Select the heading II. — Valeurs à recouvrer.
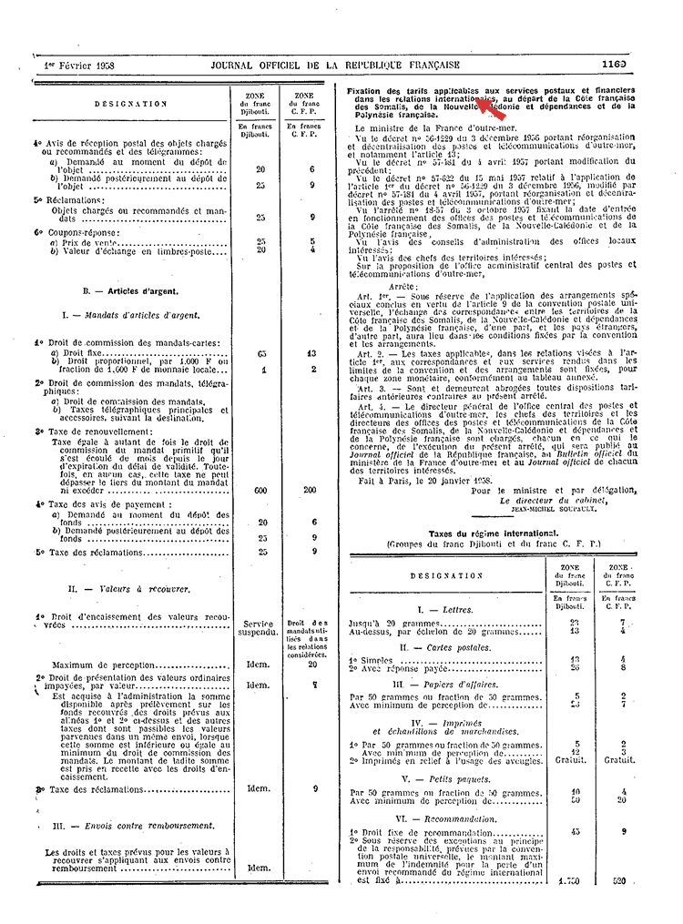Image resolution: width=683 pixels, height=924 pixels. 130,589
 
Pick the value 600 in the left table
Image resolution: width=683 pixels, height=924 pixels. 260,490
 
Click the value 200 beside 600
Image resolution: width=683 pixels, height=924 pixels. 310,490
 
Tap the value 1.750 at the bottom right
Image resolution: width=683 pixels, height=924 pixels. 570,881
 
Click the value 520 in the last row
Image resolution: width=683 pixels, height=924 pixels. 620,881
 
